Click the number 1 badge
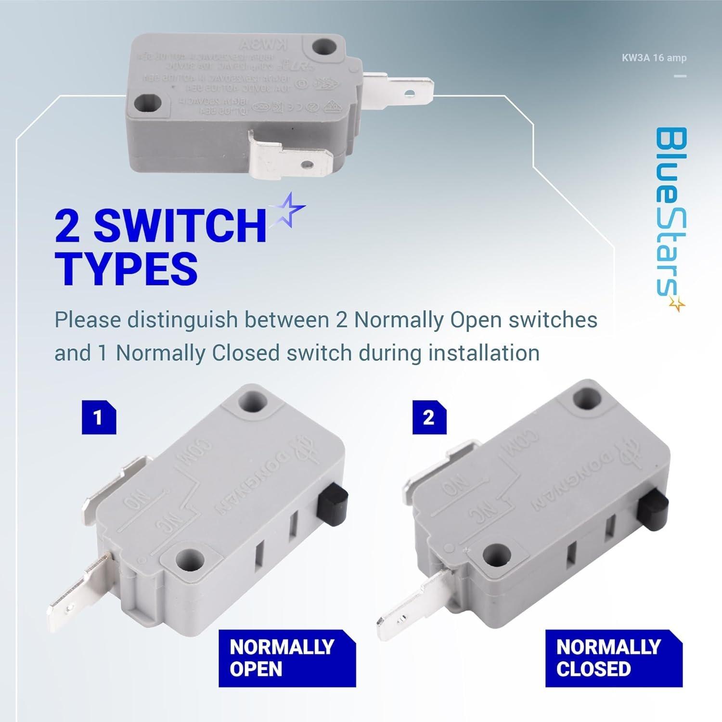click(x=99, y=417)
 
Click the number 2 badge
click(x=429, y=417)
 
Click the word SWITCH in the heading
click(x=180, y=225)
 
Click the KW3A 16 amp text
click(x=660, y=58)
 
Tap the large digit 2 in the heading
click(x=68, y=225)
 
